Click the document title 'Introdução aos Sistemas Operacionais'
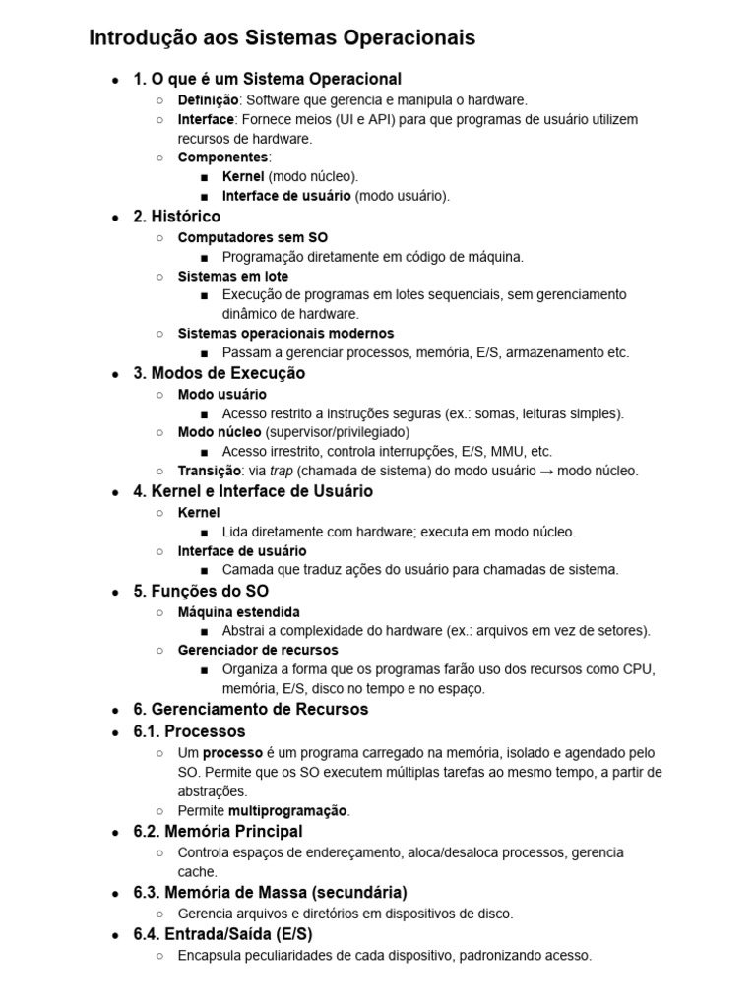click(282, 38)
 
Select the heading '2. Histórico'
click(177, 217)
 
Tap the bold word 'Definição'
click(208, 99)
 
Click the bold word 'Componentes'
click(222, 157)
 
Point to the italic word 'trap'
click(282, 471)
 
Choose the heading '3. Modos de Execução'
click(219, 374)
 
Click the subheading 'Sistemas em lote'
click(233, 277)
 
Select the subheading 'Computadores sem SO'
click(253, 237)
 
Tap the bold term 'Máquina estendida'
click(239, 611)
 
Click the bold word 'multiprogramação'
click(288, 811)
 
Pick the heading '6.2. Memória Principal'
click(218, 832)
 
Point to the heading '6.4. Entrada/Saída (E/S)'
click(222, 934)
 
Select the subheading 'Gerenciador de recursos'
click(258, 650)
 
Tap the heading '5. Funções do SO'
click(201, 592)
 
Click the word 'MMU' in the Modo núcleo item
click(507, 452)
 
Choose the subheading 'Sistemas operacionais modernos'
click(285, 334)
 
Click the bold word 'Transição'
click(209, 471)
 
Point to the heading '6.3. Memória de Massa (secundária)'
click(270, 893)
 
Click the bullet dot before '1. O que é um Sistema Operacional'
click(116, 80)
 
